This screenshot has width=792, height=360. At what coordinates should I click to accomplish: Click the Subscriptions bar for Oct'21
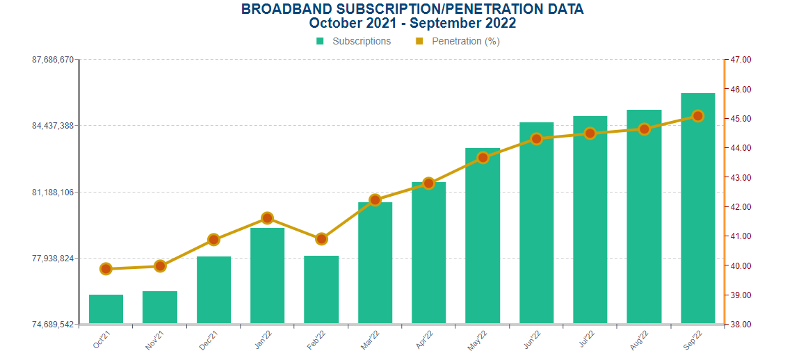[106, 309]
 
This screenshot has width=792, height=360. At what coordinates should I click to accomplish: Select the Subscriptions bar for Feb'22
[321, 290]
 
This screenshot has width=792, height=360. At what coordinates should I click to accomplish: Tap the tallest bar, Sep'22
[698, 208]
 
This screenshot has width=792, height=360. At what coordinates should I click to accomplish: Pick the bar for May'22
[483, 236]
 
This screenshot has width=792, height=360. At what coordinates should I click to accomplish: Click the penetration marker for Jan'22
[267, 218]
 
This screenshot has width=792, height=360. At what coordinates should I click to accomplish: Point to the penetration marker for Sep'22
[698, 116]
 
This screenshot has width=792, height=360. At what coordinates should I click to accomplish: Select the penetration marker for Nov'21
[160, 265]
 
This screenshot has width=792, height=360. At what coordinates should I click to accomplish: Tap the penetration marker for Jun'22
[536, 139]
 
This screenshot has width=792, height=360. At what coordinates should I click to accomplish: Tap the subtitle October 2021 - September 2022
[412, 23]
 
